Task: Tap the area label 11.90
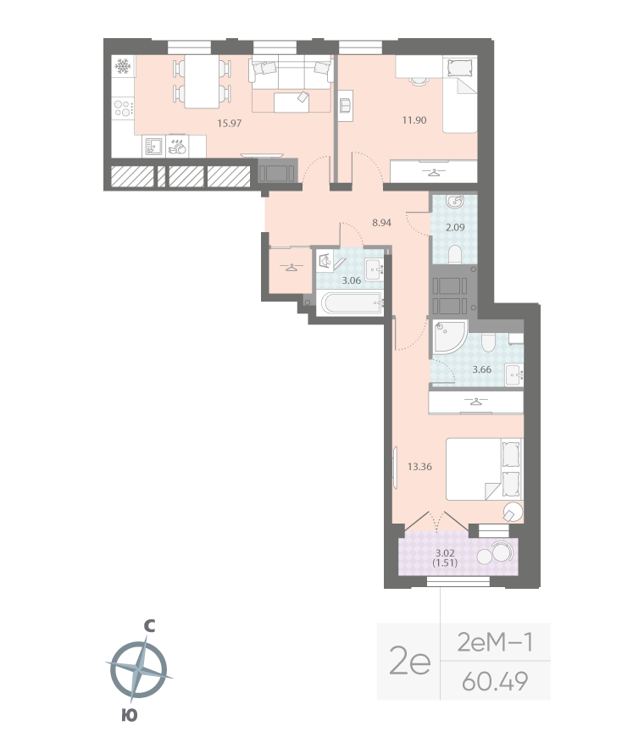[414, 120]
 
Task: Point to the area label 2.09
[456, 228]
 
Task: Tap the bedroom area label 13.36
[420, 465]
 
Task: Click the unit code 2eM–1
[495, 642]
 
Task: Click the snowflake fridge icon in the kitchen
[122, 66]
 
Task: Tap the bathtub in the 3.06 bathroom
[352, 303]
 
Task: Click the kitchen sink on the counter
[153, 147]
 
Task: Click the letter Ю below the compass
[129, 715]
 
